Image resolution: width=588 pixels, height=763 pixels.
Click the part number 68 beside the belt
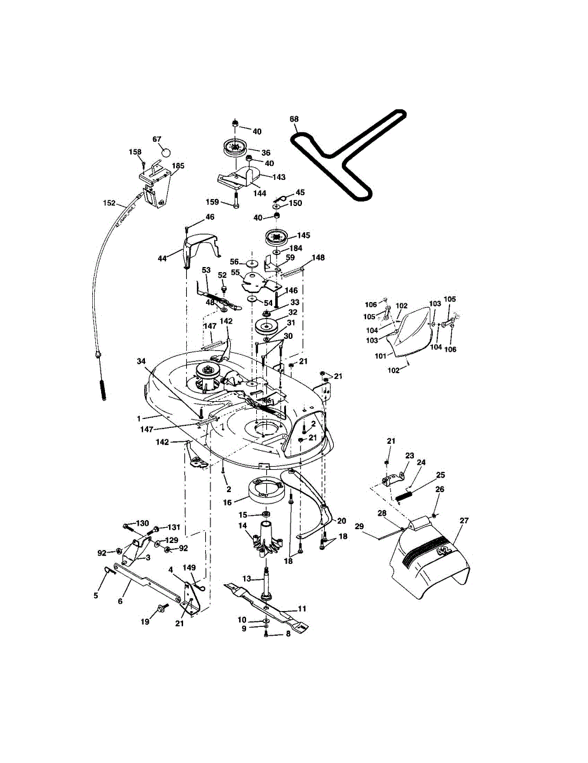point(294,119)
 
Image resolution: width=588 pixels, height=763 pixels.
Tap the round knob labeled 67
point(166,153)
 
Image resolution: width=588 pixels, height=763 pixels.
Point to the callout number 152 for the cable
point(109,203)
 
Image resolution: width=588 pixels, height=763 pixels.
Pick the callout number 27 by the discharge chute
point(464,521)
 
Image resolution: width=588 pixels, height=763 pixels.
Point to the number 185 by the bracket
point(178,166)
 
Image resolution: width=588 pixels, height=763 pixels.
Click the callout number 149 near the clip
point(189,567)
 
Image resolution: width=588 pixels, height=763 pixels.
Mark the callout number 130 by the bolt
point(142,523)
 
